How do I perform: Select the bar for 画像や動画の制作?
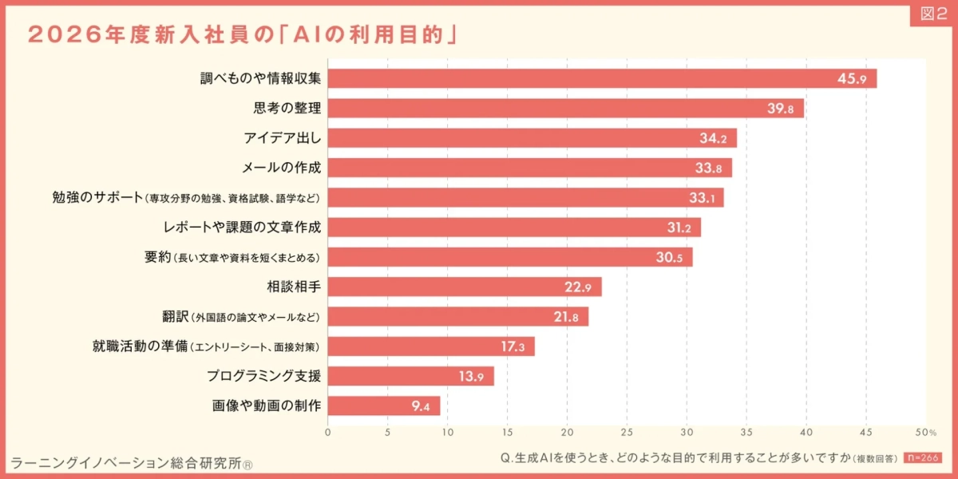coord(384,406)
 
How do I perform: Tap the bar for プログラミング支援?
coord(411,376)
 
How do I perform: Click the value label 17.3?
coord(512,347)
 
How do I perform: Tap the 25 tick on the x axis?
coord(627,433)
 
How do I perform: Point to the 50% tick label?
coord(925,433)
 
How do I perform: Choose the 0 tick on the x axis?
coord(328,433)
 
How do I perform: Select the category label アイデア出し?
coord(282,138)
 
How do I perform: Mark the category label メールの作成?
coord(281,168)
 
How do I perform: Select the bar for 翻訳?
coord(458,317)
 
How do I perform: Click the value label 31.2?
coord(679,228)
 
